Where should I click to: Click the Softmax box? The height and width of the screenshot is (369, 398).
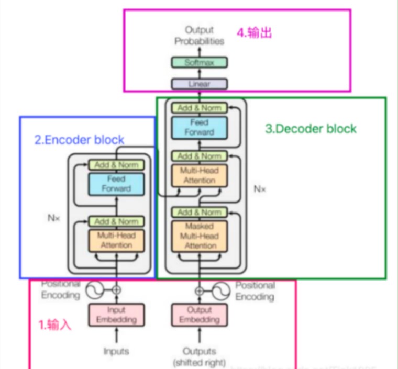[200, 63]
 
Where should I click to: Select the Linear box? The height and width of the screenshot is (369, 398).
[200, 84]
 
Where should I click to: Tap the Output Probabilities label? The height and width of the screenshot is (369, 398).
[200, 36]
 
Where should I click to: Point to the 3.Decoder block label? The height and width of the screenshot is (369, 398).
[311, 129]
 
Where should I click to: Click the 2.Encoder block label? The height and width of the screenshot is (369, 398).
[80, 140]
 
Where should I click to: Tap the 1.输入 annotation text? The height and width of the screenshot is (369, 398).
[55, 325]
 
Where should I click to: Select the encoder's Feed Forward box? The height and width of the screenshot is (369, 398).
[116, 184]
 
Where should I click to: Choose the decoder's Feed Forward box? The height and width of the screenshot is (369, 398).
[200, 128]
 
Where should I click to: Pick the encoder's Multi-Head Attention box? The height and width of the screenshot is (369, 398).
[116, 240]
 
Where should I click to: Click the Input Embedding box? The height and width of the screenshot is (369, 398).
[116, 315]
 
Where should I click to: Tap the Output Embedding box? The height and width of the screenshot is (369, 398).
[200, 315]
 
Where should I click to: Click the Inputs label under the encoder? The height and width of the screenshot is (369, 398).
[116, 351]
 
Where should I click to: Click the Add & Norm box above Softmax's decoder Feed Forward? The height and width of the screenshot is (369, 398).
[200, 108]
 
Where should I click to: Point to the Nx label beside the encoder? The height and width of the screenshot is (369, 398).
[54, 219]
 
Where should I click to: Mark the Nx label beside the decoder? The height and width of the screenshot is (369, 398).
[260, 189]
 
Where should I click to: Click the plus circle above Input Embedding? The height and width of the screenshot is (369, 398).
[116, 289]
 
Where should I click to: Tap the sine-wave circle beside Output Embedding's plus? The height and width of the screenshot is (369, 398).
[220, 290]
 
